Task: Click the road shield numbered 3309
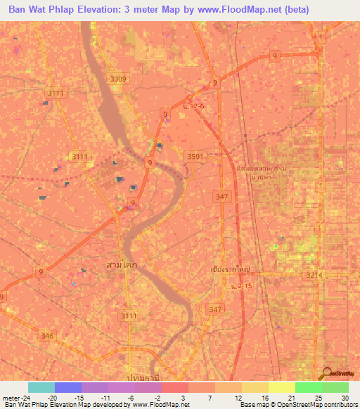coord(118,79)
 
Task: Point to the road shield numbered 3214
coord(314,275)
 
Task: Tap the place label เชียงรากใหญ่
coord(231,269)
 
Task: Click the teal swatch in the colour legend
coord(41,387)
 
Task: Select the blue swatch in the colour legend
coord(68,387)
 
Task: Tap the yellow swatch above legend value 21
coord(281,387)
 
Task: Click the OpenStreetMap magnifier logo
coord(326,372)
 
